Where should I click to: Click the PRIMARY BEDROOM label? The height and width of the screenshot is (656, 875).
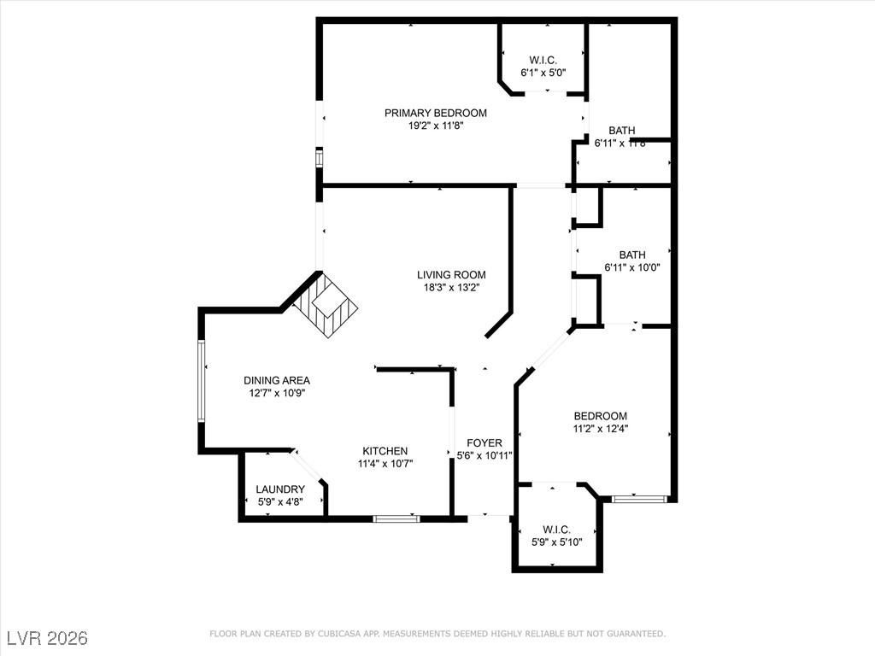pos(435,113)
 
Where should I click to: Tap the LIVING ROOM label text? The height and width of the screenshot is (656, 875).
pos(451,275)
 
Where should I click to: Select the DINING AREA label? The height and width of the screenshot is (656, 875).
pos(276,381)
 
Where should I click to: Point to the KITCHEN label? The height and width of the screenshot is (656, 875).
pos(385,451)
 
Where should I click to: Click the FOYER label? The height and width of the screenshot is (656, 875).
pos(484,442)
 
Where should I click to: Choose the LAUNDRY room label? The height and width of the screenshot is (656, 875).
pos(280,489)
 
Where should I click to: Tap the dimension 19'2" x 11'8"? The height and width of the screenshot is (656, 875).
pos(435,126)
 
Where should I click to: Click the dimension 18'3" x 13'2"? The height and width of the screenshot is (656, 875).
pos(451,288)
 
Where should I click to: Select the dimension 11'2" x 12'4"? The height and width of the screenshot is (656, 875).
pos(600,429)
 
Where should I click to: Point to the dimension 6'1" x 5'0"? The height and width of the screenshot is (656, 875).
pos(543,73)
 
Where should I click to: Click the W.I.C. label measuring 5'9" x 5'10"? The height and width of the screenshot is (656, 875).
pos(556,530)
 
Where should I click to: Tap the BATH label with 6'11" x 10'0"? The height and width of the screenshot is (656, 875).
pos(632,255)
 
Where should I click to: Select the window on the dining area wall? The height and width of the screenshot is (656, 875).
pos(203,381)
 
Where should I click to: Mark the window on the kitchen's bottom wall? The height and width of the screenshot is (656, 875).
pos(396,518)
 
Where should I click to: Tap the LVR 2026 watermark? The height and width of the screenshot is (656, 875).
pos(47,638)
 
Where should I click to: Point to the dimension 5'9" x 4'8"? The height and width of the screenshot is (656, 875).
pos(280,502)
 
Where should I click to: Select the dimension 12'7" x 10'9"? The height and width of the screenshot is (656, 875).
pos(276,394)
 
